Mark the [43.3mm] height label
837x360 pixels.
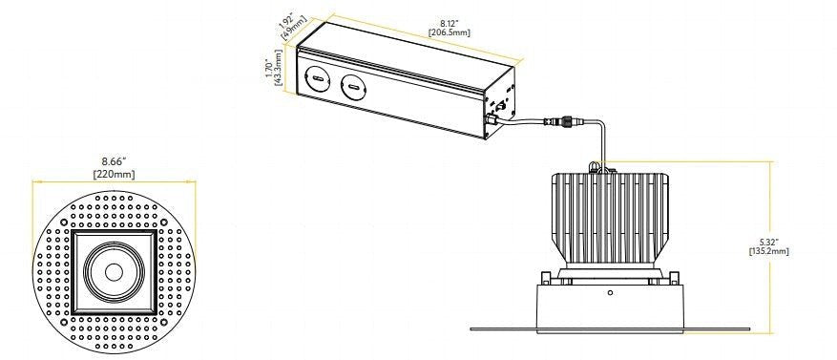click(279, 73)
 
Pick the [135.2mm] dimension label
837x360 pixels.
click(768, 250)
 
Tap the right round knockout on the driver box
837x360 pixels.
click(352, 89)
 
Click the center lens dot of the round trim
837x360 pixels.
click(113, 271)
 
